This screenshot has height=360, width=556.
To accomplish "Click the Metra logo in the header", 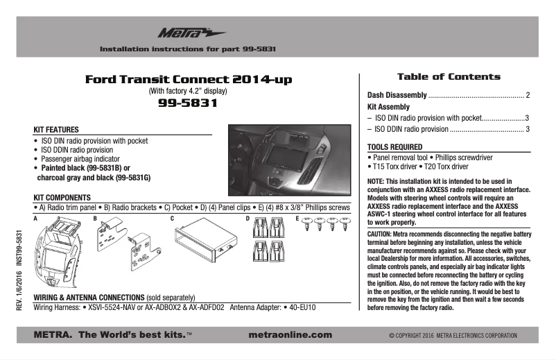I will click(x=182, y=33).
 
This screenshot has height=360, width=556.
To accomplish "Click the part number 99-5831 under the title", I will click(x=188, y=103).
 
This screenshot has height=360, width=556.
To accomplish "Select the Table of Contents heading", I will click(x=448, y=76).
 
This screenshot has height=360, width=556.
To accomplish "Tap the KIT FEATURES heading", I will click(x=56, y=130).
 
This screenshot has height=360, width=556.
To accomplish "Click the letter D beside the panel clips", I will click(x=247, y=218).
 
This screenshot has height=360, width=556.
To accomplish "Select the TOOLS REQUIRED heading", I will click(x=394, y=147).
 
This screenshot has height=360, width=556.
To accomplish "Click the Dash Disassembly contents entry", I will click(x=397, y=95).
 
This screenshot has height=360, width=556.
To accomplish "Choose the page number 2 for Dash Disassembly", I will click(x=528, y=95).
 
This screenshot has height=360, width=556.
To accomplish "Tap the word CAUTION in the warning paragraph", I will click(x=380, y=235).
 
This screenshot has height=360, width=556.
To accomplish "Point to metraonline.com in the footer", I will click(x=290, y=334).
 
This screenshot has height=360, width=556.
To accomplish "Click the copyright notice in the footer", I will click(x=453, y=336).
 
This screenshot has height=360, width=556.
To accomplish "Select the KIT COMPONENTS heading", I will click(x=62, y=198).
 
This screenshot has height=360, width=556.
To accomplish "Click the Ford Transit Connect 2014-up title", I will click(x=188, y=80).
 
